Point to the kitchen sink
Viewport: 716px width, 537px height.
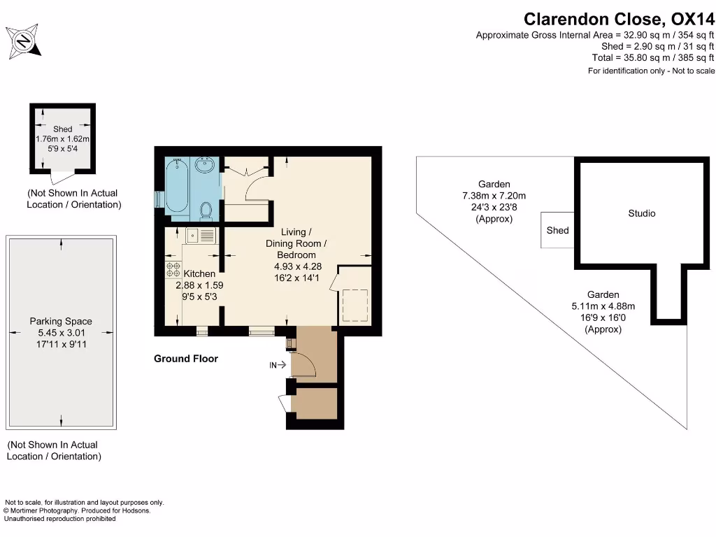pyautogui.click(x=201, y=236)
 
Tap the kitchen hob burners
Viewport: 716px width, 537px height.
pyautogui.click(x=173, y=271)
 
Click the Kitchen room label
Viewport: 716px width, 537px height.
pyautogui.click(x=199, y=274)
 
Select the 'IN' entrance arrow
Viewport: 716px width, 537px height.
pyautogui.click(x=278, y=364)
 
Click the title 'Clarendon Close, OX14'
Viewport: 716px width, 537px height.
pyautogui.click(x=619, y=19)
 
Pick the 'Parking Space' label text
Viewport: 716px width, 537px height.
pyautogui.click(x=61, y=322)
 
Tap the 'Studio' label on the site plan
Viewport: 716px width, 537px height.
pyautogui.click(x=641, y=213)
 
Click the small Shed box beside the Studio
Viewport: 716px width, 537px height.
pyautogui.click(x=557, y=230)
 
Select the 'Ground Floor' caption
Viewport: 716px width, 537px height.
pyautogui.click(x=186, y=359)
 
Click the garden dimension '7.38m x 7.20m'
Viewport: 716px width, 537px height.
pyautogui.click(x=494, y=196)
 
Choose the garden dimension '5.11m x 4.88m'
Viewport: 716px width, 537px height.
pyautogui.click(x=603, y=306)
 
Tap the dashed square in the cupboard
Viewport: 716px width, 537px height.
pyautogui.click(x=354, y=306)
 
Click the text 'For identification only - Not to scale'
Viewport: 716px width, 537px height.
pyautogui.click(x=651, y=71)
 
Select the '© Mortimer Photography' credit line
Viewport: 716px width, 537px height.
pyautogui.click(x=78, y=510)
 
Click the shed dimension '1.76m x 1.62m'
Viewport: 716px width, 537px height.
pyautogui.click(x=63, y=139)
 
